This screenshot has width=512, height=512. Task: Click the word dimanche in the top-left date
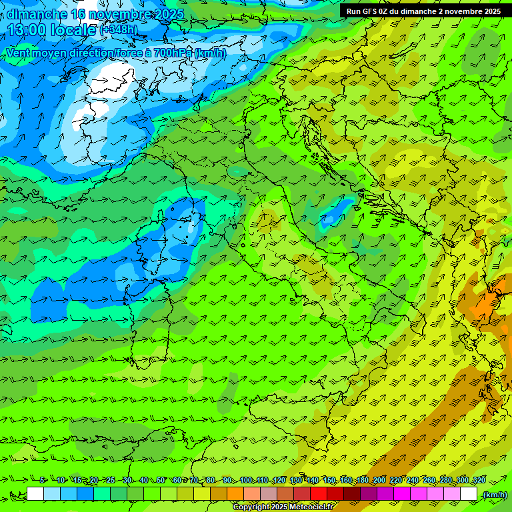37,14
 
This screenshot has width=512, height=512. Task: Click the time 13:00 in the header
30,30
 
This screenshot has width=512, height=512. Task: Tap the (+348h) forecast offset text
119,30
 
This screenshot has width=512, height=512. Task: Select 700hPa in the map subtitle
173,53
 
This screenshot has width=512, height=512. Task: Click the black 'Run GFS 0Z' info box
423,11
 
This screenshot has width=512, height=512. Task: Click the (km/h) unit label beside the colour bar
494,495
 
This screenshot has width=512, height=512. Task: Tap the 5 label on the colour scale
43,481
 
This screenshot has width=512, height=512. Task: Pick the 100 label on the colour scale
246,481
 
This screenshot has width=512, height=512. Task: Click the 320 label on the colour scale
479,481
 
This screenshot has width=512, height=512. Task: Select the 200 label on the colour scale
379,481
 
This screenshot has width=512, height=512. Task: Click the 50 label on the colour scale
160,481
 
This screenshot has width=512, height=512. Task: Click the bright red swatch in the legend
319,494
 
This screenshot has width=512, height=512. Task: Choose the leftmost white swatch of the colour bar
35,494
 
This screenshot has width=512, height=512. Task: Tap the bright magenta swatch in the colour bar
402,494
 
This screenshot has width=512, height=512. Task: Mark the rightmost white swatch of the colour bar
469,494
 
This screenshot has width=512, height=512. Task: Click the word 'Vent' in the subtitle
20,53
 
